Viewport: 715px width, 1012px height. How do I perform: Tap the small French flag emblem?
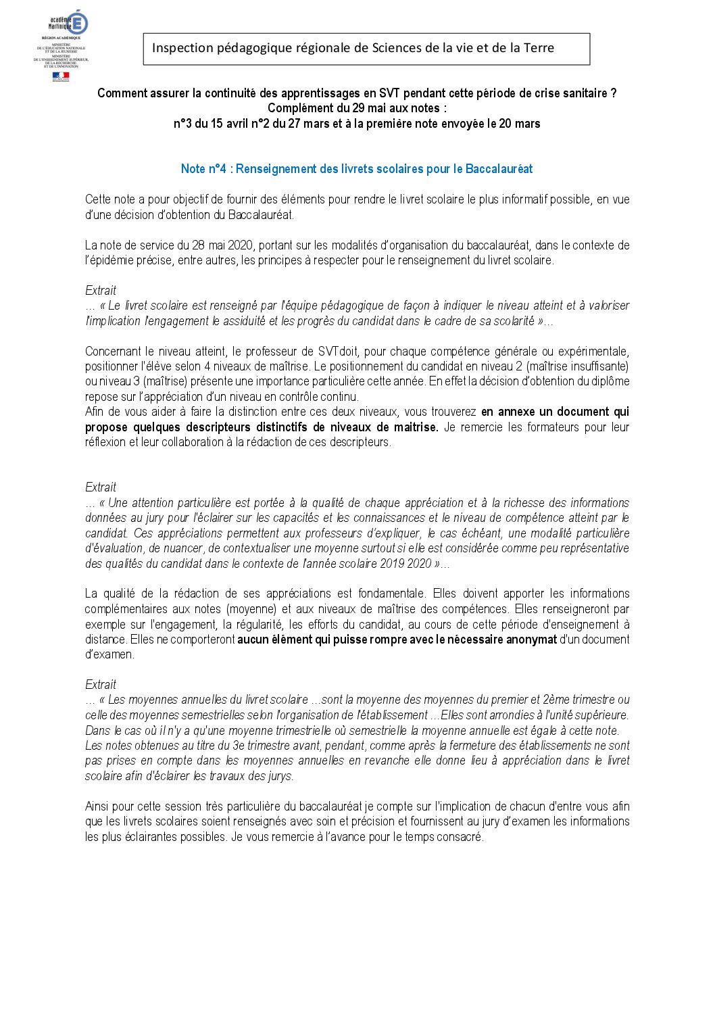click(61, 76)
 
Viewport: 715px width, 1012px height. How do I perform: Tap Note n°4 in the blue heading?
click(203, 169)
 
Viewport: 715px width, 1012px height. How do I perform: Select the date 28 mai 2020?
click(224, 245)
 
